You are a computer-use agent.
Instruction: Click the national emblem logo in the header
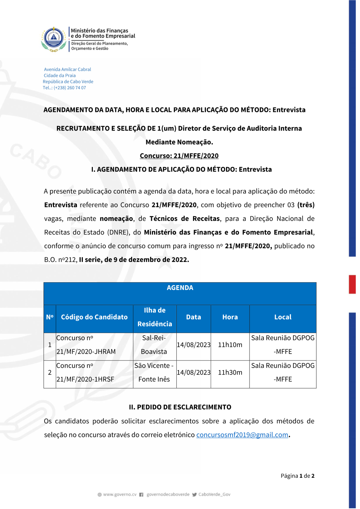[54, 39]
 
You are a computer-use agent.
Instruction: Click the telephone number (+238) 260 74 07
[69, 88]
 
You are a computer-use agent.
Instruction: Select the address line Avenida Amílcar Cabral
[67, 69]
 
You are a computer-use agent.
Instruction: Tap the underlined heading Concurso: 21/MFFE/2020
[179, 156]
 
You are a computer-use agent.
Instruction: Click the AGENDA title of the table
[180, 288]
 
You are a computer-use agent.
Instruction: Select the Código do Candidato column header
[94, 317]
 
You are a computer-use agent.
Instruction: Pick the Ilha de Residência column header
[154, 317]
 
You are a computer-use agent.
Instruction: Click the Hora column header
[230, 317]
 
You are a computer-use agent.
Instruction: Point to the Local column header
[283, 317]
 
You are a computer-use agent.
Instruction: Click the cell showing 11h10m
[230, 345]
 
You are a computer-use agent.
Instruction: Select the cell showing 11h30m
[230, 372]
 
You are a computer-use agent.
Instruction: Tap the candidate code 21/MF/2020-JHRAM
[86, 351]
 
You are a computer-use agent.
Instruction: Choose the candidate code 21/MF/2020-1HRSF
[85, 379]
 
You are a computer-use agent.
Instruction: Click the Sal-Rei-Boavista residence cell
[154, 345]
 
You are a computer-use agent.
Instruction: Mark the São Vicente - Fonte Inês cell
[154, 372]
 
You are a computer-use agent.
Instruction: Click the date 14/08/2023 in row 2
[193, 372]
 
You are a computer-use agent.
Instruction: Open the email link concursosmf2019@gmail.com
[242, 435]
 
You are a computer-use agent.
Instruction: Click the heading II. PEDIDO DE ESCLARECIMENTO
[180, 407]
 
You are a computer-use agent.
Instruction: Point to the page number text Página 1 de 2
[297, 476]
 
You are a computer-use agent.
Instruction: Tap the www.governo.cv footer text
[120, 495]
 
